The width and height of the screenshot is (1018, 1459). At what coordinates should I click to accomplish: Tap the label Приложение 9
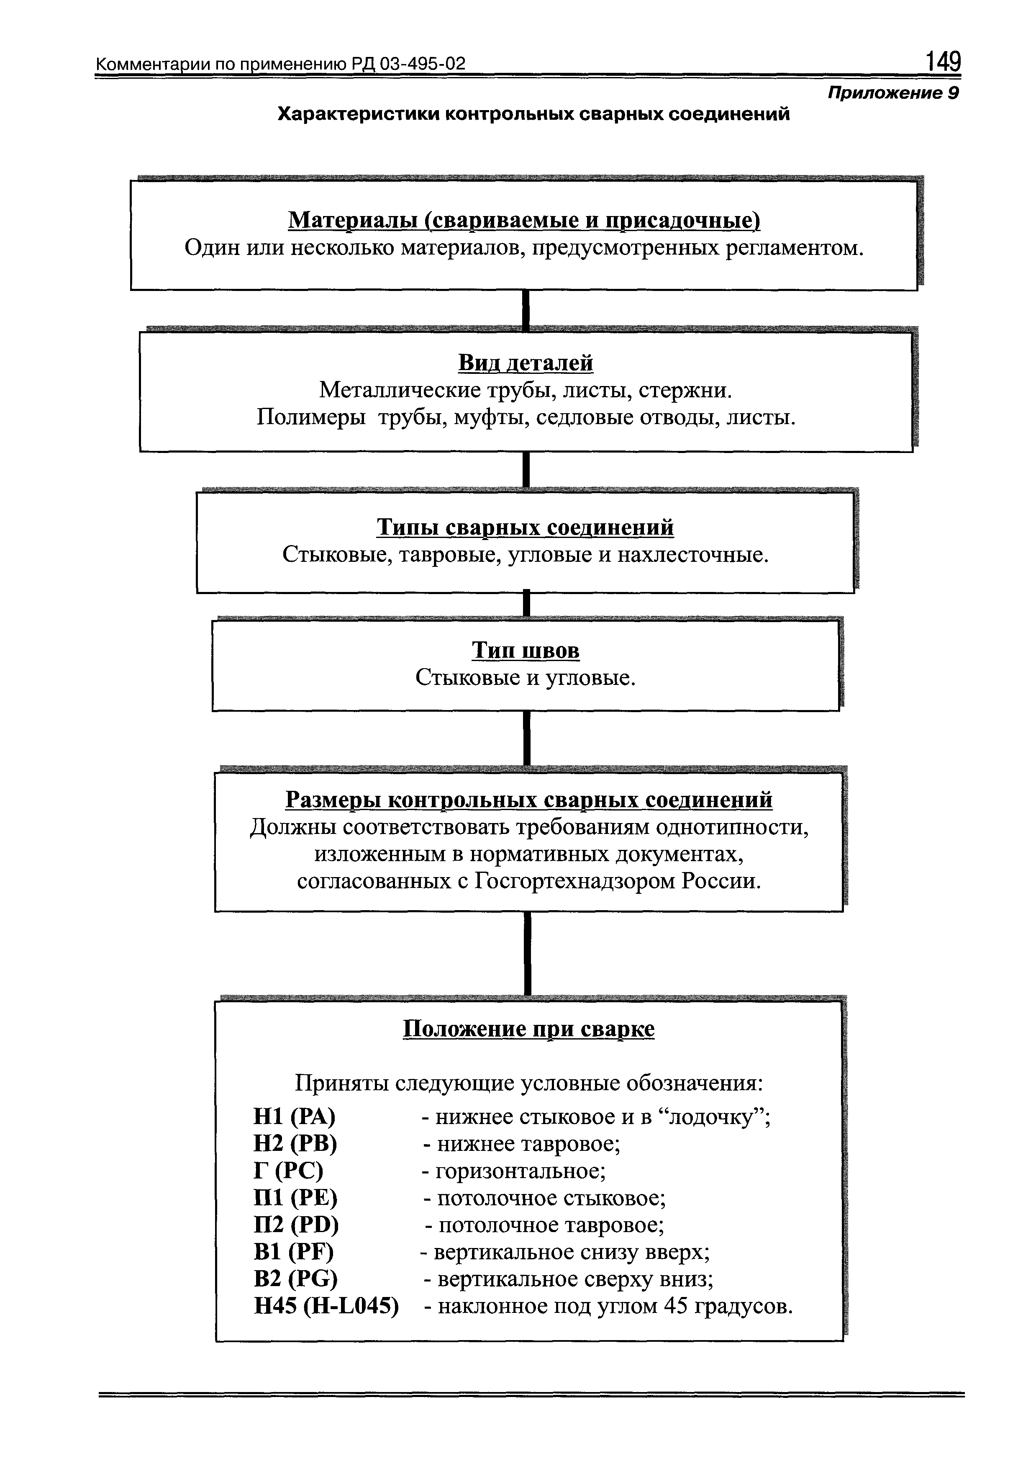pos(892,93)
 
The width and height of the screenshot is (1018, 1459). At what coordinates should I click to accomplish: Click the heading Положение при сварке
pos(528,1028)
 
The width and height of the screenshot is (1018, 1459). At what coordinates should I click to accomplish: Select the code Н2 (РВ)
pos(295,1143)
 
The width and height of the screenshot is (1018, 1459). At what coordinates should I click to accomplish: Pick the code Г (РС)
pos(288,1171)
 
